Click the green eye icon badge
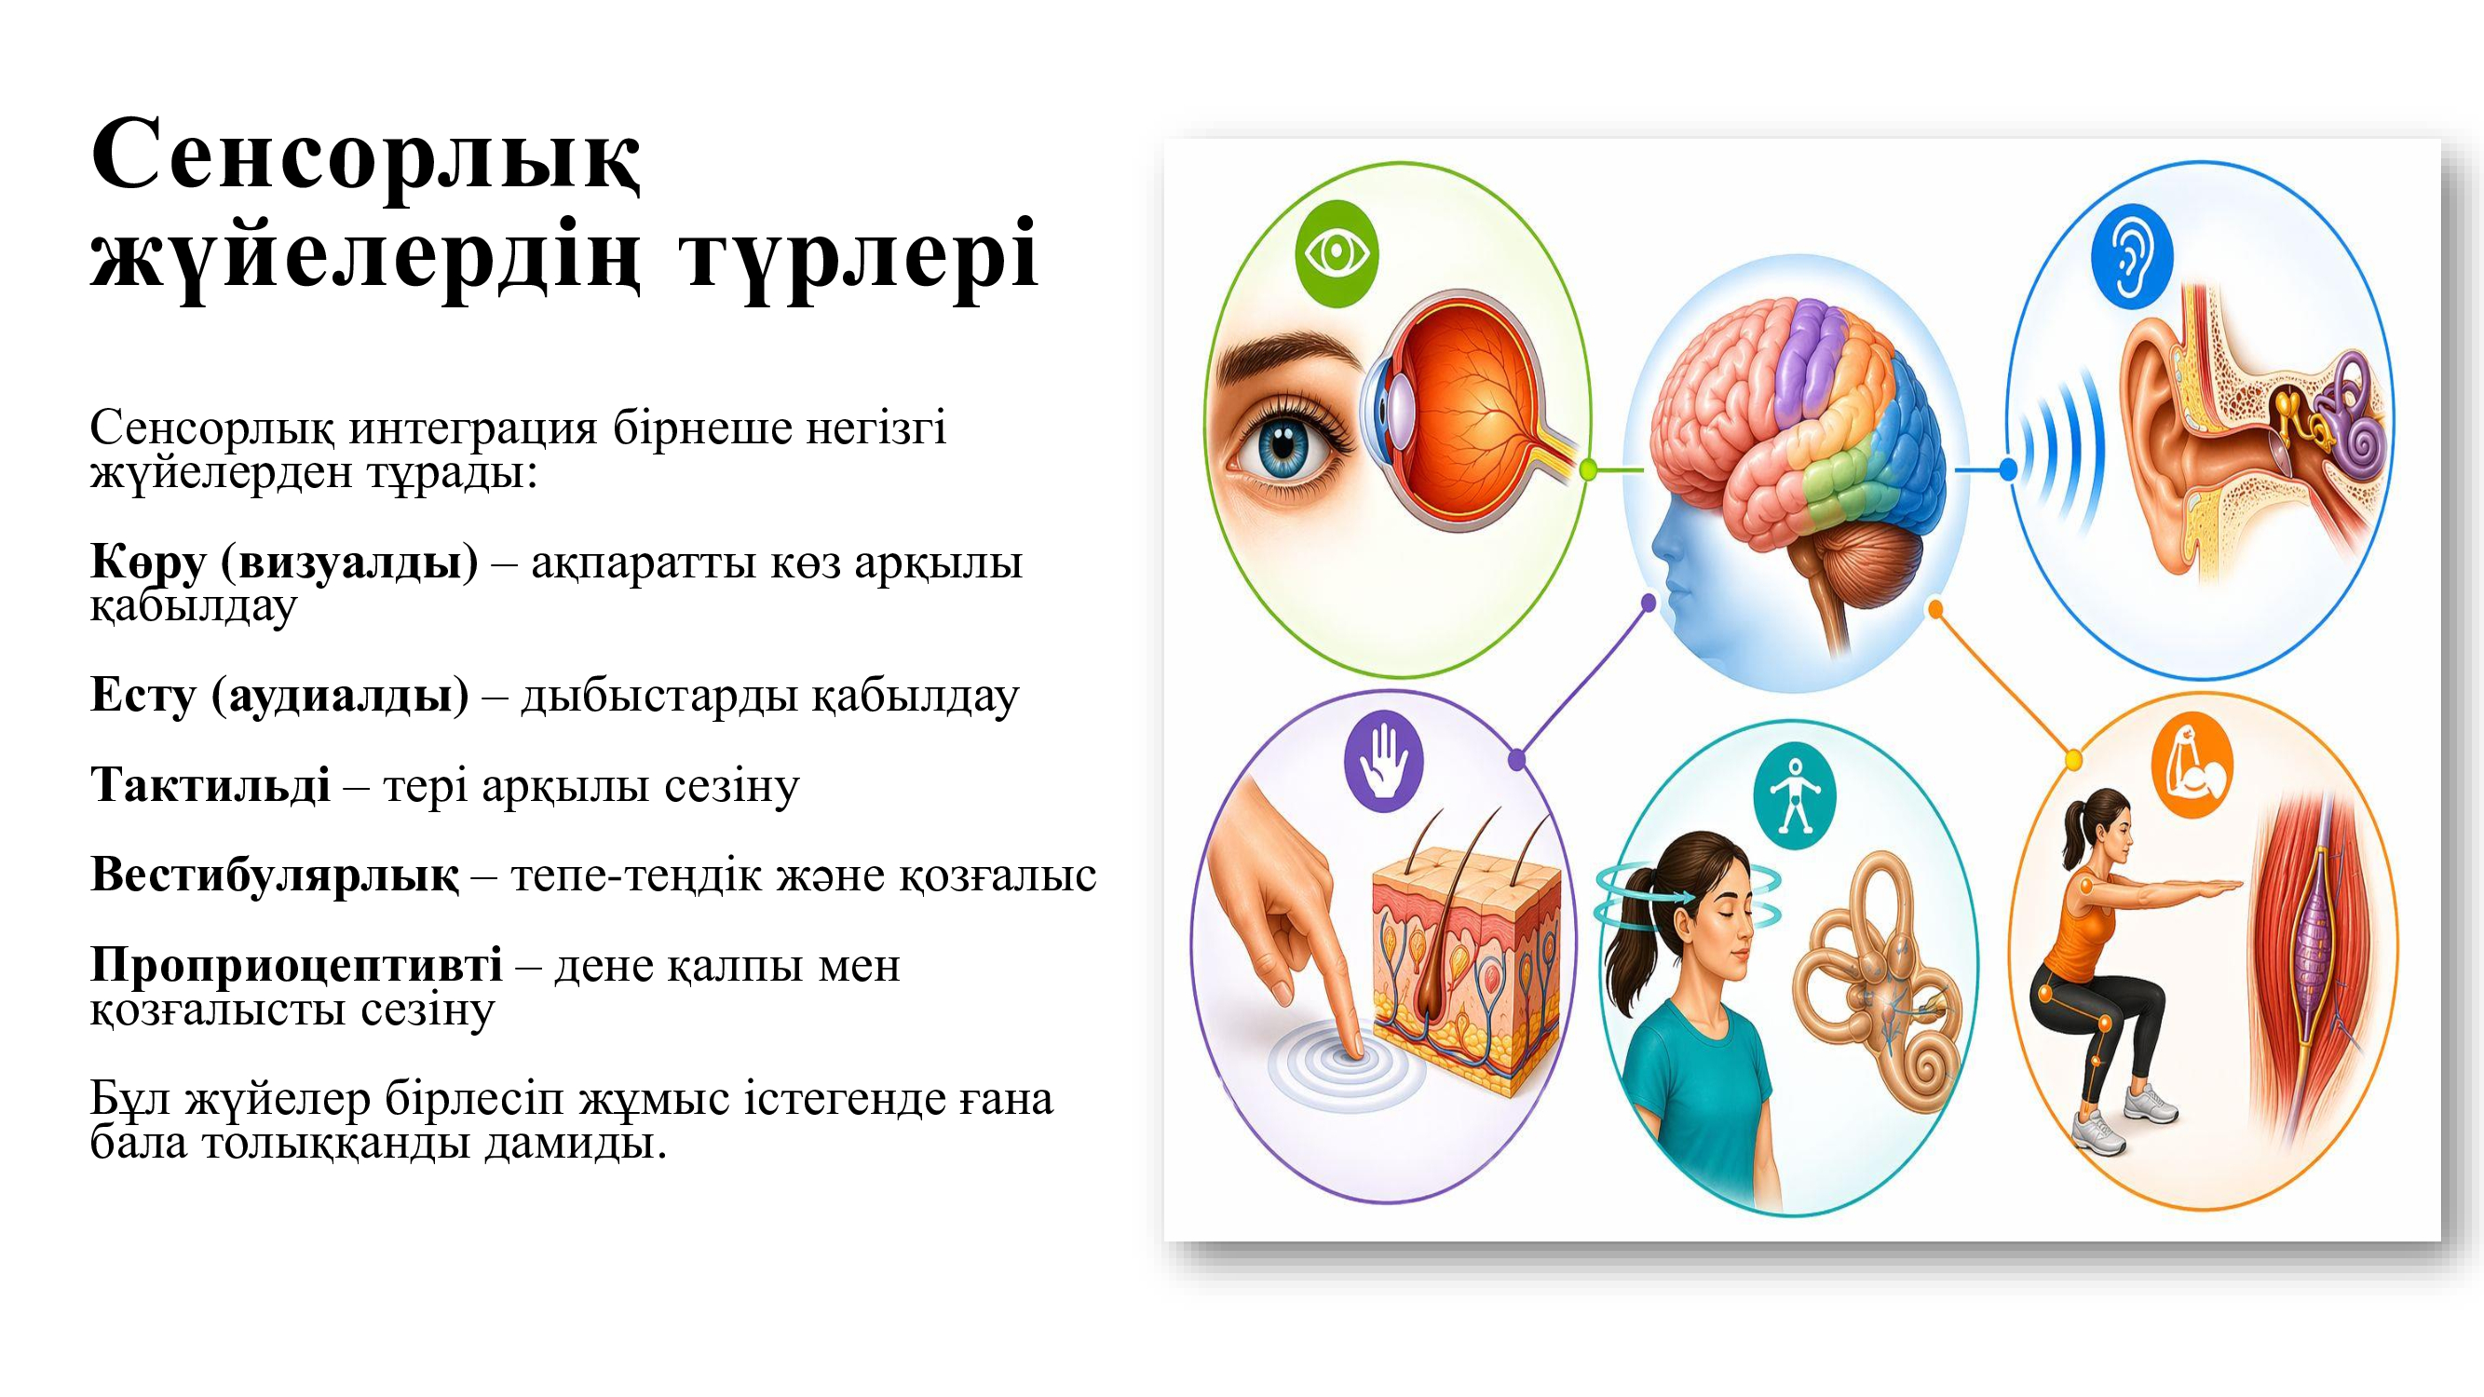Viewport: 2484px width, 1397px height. pyautogui.click(x=1337, y=253)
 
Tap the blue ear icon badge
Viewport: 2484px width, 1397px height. pyautogui.click(x=2132, y=256)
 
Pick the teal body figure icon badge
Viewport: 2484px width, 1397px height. pyautogui.click(x=1795, y=795)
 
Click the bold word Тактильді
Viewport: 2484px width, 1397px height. pyautogui.click(x=210, y=785)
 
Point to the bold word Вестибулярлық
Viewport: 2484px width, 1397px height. pyautogui.click(x=275, y=875)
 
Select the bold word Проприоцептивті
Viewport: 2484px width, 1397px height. pyautogui.click(x=296, y=965)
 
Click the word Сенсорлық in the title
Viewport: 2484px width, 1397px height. pyautogui.click(x=366, y=155)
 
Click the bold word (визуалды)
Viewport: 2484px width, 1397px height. pyautogui.click(x=349, y=563)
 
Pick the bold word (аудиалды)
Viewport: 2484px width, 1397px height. pyautogui.click(x=340, y=695)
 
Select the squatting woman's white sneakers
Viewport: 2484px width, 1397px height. pyautogui.click(x=2125, y=1119)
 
